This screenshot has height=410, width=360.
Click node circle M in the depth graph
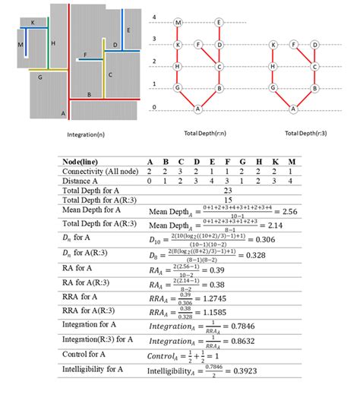178,22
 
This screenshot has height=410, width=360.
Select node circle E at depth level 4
219,22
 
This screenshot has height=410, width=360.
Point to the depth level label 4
154,17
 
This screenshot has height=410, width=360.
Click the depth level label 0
154,108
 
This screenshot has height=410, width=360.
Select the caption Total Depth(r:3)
301,134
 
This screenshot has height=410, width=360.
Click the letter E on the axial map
129,30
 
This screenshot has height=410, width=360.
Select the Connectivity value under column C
181,172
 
